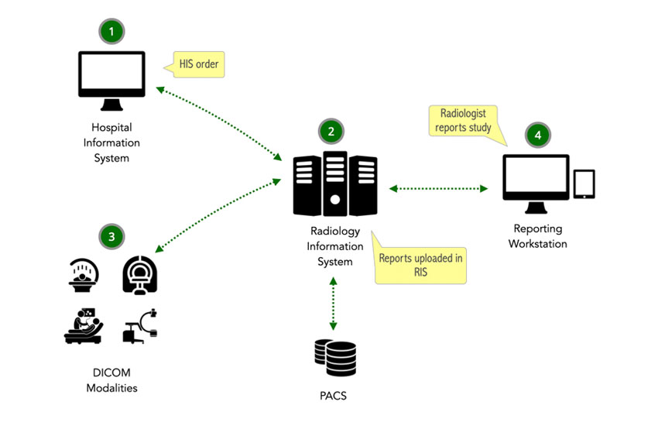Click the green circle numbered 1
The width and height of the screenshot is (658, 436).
[x=112, y=32]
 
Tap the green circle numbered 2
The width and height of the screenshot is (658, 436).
[x=331, y=132]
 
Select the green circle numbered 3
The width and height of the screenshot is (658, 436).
[x=112, y=235]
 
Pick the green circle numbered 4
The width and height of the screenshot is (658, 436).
[x=537, y=135]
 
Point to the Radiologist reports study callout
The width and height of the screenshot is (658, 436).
[x=463, y=120]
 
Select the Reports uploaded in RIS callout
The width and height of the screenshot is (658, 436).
[x=421, y=265]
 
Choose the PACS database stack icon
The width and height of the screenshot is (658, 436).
[x=335, y=359]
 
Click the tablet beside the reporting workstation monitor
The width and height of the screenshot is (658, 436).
[x=584, y=184]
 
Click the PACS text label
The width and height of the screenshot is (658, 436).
[x=334, y=397]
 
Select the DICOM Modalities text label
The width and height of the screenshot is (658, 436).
[x=111, y=380]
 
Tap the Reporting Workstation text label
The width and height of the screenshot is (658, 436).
[x=537, y=236]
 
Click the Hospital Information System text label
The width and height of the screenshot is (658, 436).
[x=111, y=142]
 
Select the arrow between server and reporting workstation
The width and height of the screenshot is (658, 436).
[x=439, y=188]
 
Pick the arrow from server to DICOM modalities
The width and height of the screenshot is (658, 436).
[x=218, y=215]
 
